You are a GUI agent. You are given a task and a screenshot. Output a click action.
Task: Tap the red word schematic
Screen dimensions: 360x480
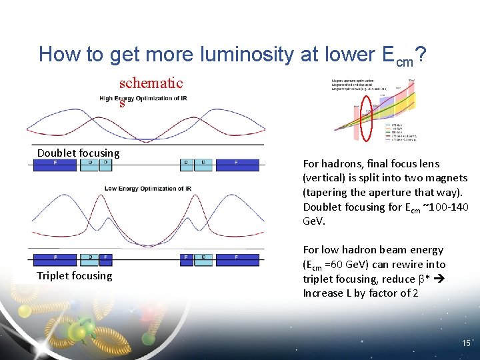[151, 83]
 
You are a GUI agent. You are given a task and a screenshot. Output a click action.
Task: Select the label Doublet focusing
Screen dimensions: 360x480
[79, 153]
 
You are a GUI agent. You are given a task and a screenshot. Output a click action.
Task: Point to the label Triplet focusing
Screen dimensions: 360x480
[75, 276]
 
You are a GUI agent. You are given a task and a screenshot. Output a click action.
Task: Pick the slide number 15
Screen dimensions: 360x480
[466, 343]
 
